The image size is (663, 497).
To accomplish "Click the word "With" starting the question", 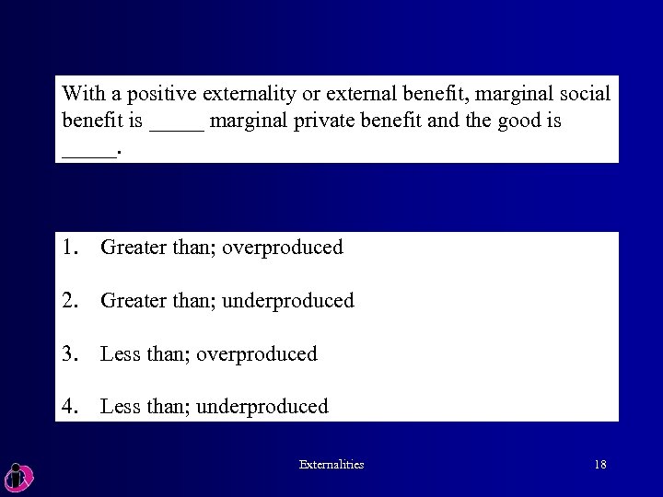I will tap(81, 94).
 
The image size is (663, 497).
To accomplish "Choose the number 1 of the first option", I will tap(71, 247).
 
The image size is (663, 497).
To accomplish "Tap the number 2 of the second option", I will tap(71, 300).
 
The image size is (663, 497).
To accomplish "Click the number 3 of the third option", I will tap(71, 353).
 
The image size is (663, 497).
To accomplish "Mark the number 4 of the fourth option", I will tap(71, 407).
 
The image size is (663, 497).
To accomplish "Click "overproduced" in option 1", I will tap(283, 248).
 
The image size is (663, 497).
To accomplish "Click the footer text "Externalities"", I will tap(331, 465).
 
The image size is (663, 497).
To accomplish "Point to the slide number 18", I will tap(599, 465).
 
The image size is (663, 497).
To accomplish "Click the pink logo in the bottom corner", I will tap(18, 475).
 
